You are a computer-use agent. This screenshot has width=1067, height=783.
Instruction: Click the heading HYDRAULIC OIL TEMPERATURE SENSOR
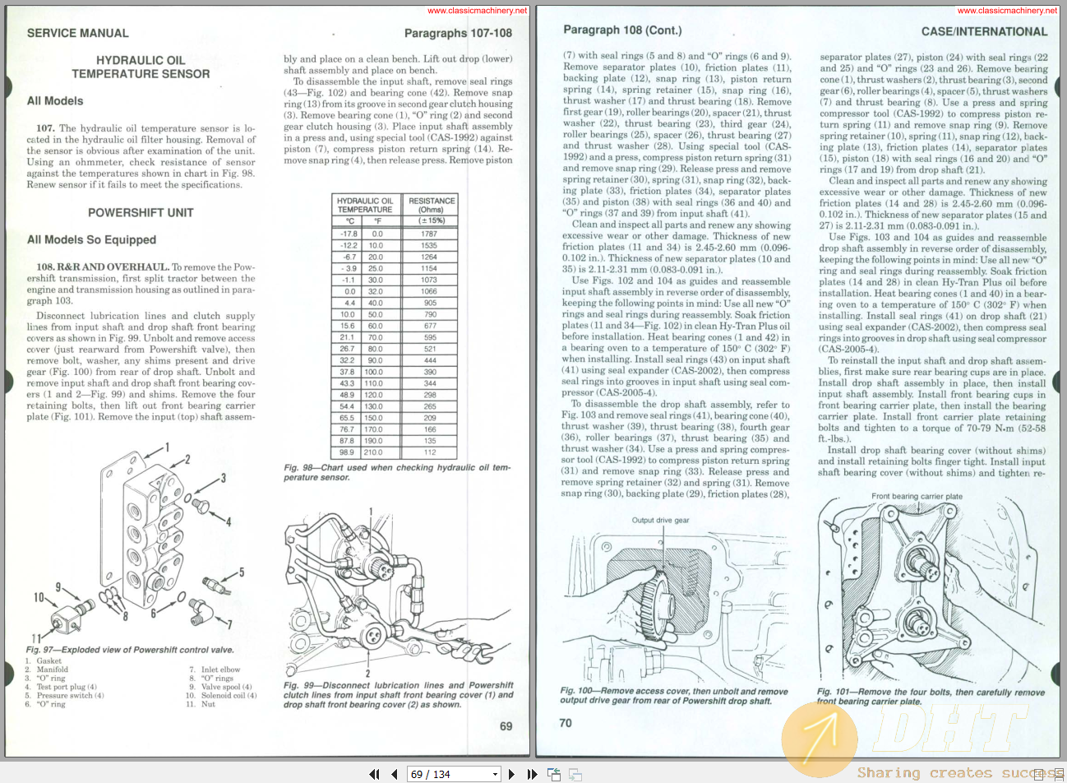tap(141, 67)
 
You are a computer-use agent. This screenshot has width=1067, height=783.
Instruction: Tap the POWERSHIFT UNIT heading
tap(141, 212)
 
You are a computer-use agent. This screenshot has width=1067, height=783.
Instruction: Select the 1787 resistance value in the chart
tap(430, 234)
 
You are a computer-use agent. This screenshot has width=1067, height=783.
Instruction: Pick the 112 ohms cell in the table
tap(430, 452)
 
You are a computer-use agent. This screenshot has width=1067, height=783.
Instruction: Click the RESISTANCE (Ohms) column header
tap(432, 205)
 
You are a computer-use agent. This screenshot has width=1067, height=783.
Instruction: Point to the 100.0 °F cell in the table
tap(373, 372)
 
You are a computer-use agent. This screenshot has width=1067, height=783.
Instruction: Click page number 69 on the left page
tap(506, 726)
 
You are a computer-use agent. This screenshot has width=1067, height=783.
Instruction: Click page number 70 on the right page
tap(566, 723)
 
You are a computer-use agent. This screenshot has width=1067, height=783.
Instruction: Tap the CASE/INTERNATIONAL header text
tap(984, 31)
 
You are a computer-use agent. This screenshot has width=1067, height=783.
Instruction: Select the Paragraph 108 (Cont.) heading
tap(622, 30)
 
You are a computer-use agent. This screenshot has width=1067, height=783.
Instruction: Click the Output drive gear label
tap(660, 520)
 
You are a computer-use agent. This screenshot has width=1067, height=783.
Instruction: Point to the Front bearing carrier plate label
tap(917, 496)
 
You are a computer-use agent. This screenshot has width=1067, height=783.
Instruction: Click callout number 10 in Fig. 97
tap(39, 597)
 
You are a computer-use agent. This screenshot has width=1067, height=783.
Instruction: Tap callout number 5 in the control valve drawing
tap(241, 572)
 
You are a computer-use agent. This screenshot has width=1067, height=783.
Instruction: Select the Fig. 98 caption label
tap(301, 467)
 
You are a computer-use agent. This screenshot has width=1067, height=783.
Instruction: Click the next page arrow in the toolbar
tap(511, 774)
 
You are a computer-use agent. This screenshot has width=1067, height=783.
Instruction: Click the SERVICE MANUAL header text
tap(77, 33)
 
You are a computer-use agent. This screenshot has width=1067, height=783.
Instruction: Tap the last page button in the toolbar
tap(532, 774)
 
